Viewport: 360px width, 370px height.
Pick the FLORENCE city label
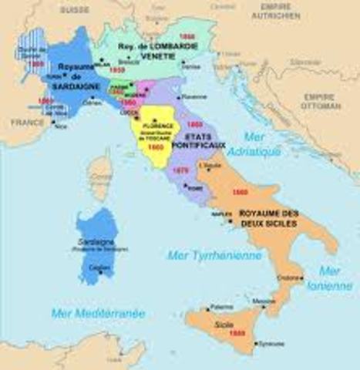coord(159,125)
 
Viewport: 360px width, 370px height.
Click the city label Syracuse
coord(268,343)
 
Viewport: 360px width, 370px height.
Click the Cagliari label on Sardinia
coord(99,267)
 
